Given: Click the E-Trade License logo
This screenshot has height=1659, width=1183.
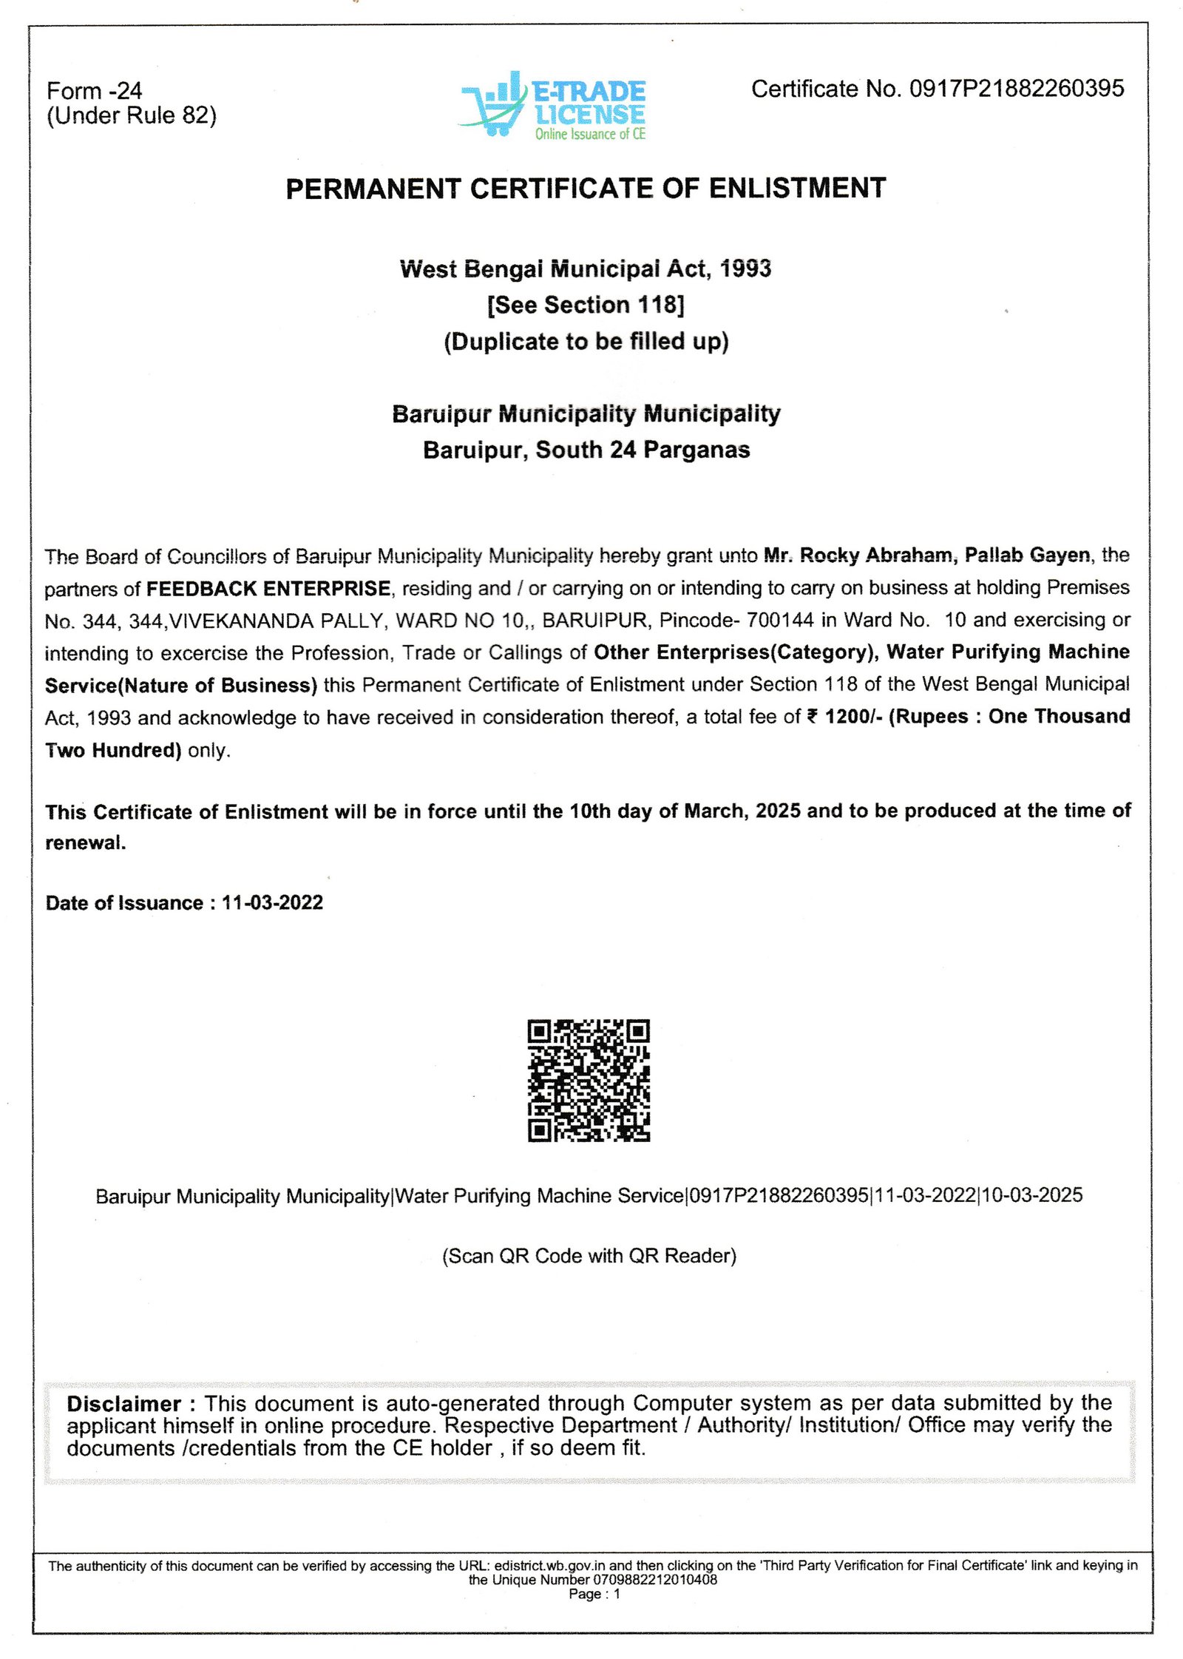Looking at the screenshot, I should tap(553, 106).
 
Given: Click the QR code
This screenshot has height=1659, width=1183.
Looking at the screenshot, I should tap(589, 1080).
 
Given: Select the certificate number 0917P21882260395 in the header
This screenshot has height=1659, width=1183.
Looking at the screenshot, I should tap(1016, 89).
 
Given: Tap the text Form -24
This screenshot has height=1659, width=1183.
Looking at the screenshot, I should tap(94, 91).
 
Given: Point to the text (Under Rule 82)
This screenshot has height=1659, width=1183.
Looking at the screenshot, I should tap(132, 115).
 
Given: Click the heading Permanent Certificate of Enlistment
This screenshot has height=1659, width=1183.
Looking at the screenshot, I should tap(586, 189).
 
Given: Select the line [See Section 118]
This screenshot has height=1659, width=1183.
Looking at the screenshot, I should tap(586, 305).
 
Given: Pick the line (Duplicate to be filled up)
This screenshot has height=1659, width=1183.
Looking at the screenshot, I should tap(586, 342).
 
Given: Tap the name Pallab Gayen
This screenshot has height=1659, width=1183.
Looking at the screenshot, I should tap(1027, 555).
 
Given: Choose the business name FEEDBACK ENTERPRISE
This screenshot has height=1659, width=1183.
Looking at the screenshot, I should tap(268, 588).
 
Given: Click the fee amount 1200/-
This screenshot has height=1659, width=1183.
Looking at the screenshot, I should tap(853, 716).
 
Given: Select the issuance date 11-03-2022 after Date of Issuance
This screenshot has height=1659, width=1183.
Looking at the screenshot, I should tap(272, 902).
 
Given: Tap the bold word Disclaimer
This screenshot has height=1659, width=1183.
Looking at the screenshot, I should tap(123, 1404).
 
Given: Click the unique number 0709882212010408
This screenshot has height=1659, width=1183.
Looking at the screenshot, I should tap(654, 1580).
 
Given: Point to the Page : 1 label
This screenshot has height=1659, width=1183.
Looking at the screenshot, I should tap(594, 1594).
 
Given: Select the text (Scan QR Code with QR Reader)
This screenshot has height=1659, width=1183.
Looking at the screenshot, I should tap(589, 1256).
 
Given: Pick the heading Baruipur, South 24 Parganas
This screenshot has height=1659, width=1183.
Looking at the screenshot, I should tap(586, 450).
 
